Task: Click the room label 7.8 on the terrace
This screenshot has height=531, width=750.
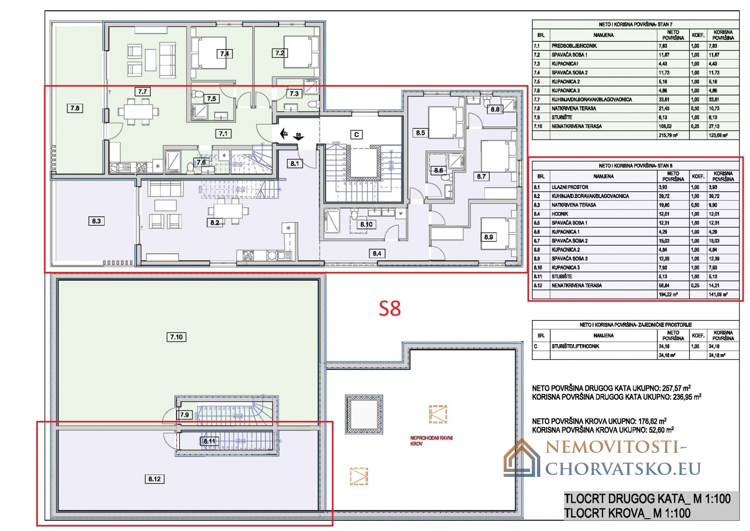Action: click(75, 108)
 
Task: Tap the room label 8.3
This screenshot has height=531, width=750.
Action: click(96, 221)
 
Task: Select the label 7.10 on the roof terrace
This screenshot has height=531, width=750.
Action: click(176, 337)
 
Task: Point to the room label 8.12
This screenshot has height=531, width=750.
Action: click(154, 479)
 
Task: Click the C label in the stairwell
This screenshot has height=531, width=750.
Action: click(357, 134)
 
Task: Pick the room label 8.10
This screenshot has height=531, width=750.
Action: click(366, 224)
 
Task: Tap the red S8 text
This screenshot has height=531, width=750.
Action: click(390, 308)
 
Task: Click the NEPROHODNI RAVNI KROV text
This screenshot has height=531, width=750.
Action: click(431, 441)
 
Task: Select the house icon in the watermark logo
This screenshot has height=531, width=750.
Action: click(522, 458)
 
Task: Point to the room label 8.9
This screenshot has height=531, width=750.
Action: click(488, 237)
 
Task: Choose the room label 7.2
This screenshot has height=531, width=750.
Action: click(279, 53)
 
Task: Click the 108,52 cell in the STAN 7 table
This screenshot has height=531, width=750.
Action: click(666, 126)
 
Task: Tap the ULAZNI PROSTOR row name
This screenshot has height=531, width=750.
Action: click(570, 187)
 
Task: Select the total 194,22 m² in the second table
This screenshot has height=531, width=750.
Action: click(668, 295)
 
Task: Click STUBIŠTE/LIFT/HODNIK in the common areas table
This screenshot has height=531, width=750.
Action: click(575, 346)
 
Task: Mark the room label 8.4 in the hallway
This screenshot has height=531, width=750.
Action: click(377, 254)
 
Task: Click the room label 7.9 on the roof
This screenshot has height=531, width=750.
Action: click(184, 415)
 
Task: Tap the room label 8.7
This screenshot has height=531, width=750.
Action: click(481, 176)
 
